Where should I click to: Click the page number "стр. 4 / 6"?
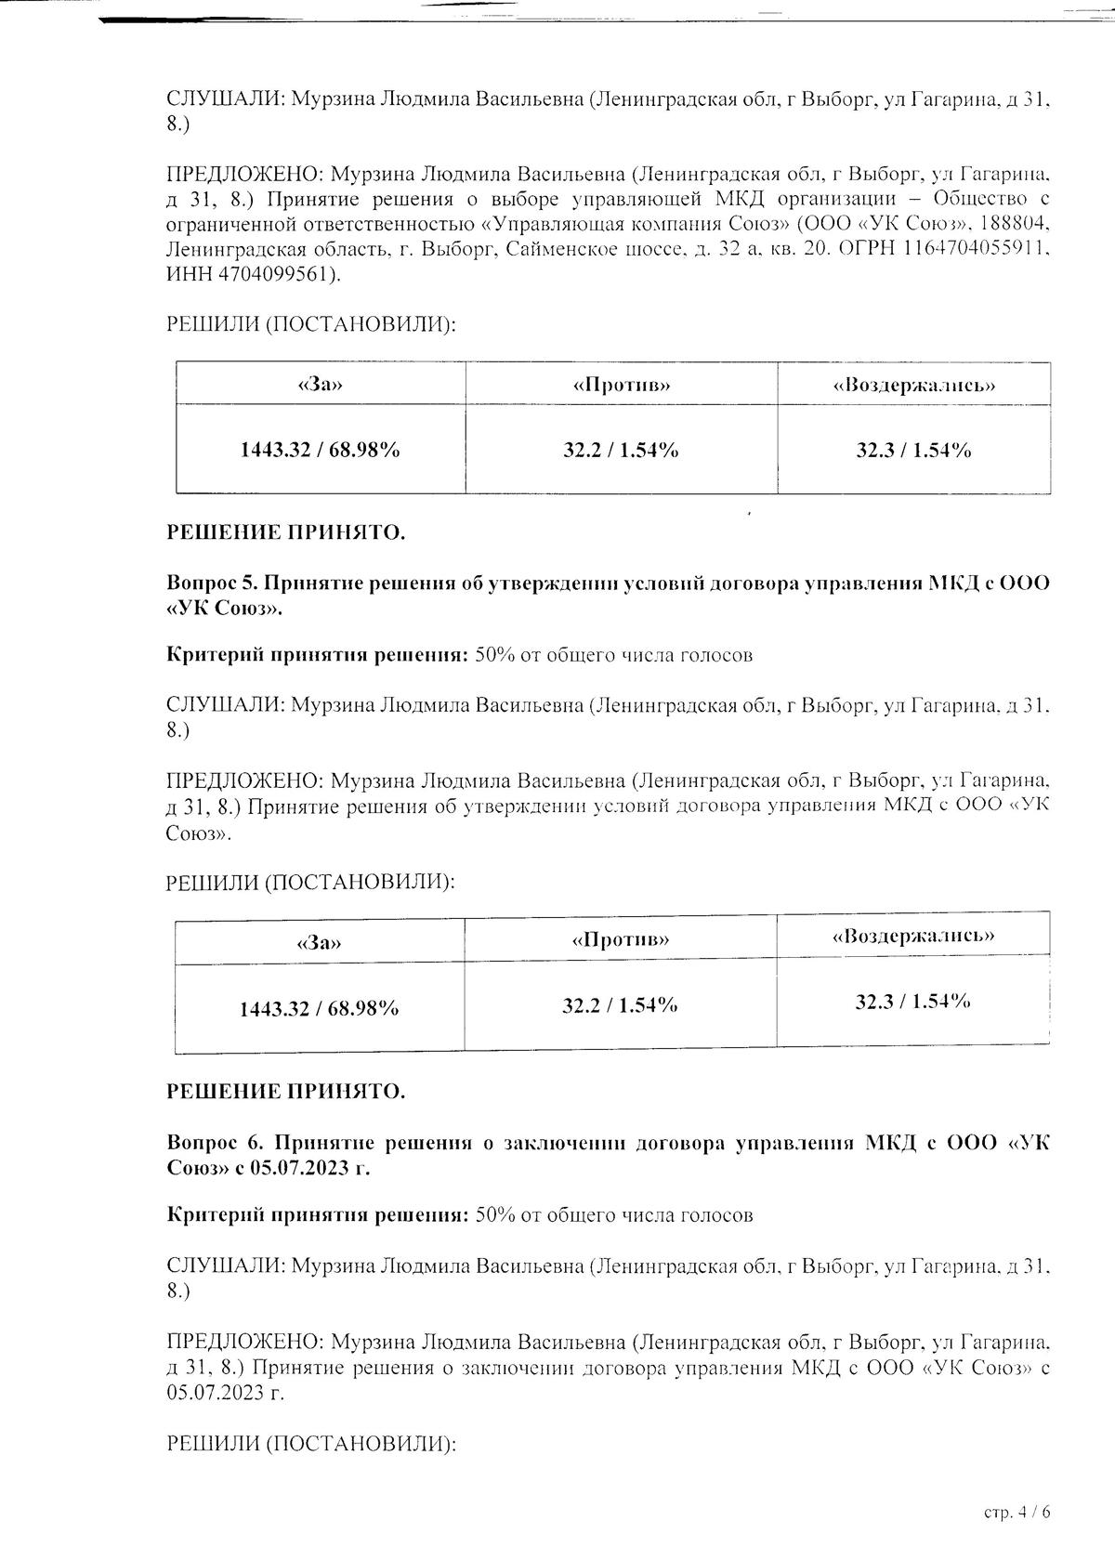[x=1017, y=1512]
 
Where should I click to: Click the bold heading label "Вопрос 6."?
[x=212, y=1143]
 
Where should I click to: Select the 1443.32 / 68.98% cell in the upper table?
[x=320, y=450]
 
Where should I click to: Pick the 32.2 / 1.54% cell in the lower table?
[x=620, y=1005]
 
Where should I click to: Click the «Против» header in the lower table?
[x=621, y=939]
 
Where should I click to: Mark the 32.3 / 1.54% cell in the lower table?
[x=913, y=1002]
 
